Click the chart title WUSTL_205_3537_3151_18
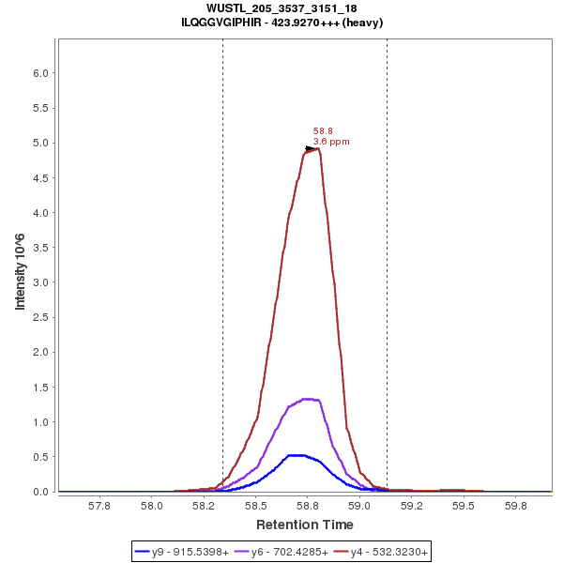[x=281, y=8]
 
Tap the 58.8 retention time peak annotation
[x=323, y=131]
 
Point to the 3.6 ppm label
[x=331, y=142]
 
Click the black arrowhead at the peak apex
[x=311, y=148]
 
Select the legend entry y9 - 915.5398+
[x=190, y=552]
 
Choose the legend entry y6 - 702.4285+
[x=290, y=552]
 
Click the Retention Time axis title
[x=305, y=525]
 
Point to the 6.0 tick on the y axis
[x=41, y=73]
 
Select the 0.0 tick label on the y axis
[x=41, y=492]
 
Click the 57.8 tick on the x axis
[x=99, y=506]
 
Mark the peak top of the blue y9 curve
[x=297, y=455]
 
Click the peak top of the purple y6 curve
[x=307, y=399]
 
